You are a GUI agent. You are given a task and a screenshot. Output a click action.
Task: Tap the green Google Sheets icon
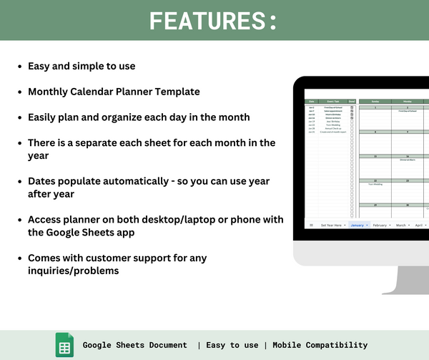click(64, 345)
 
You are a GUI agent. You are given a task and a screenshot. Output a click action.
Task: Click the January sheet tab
click(357, 225)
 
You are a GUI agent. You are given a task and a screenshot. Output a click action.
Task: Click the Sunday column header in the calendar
click(375, 102)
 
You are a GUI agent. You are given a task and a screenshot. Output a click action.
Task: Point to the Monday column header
click(408, 102)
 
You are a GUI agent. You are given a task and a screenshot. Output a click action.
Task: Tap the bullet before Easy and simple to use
click(19, 67)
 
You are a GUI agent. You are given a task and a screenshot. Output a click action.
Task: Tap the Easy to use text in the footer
click(232, 345)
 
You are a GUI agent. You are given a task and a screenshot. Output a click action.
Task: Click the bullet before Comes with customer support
click(19, 258)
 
